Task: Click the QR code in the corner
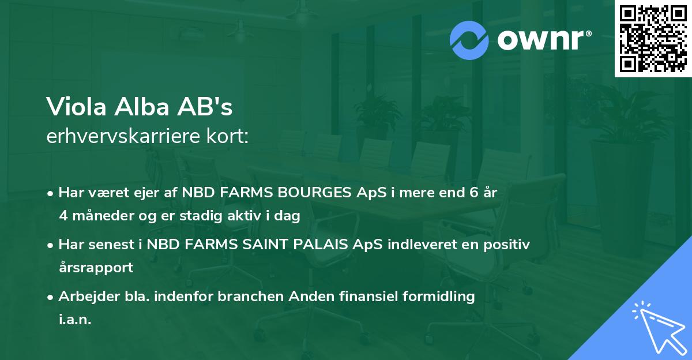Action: (x=653, y=39)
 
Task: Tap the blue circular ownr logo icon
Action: (x=469, y=40)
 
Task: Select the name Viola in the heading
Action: (x=73, y=107)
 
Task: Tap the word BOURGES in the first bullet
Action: (x=310, y=192)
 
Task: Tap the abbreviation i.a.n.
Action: (x=75, y=320)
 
